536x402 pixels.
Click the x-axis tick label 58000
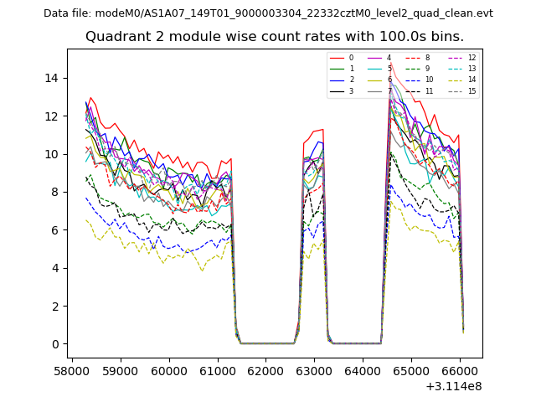click(72, 368)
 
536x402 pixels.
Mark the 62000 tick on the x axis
click(266, 368)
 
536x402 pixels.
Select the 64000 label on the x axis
click(363, 368)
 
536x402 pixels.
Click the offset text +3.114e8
click(454, 386)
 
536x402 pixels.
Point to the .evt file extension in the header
click(482, 13)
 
